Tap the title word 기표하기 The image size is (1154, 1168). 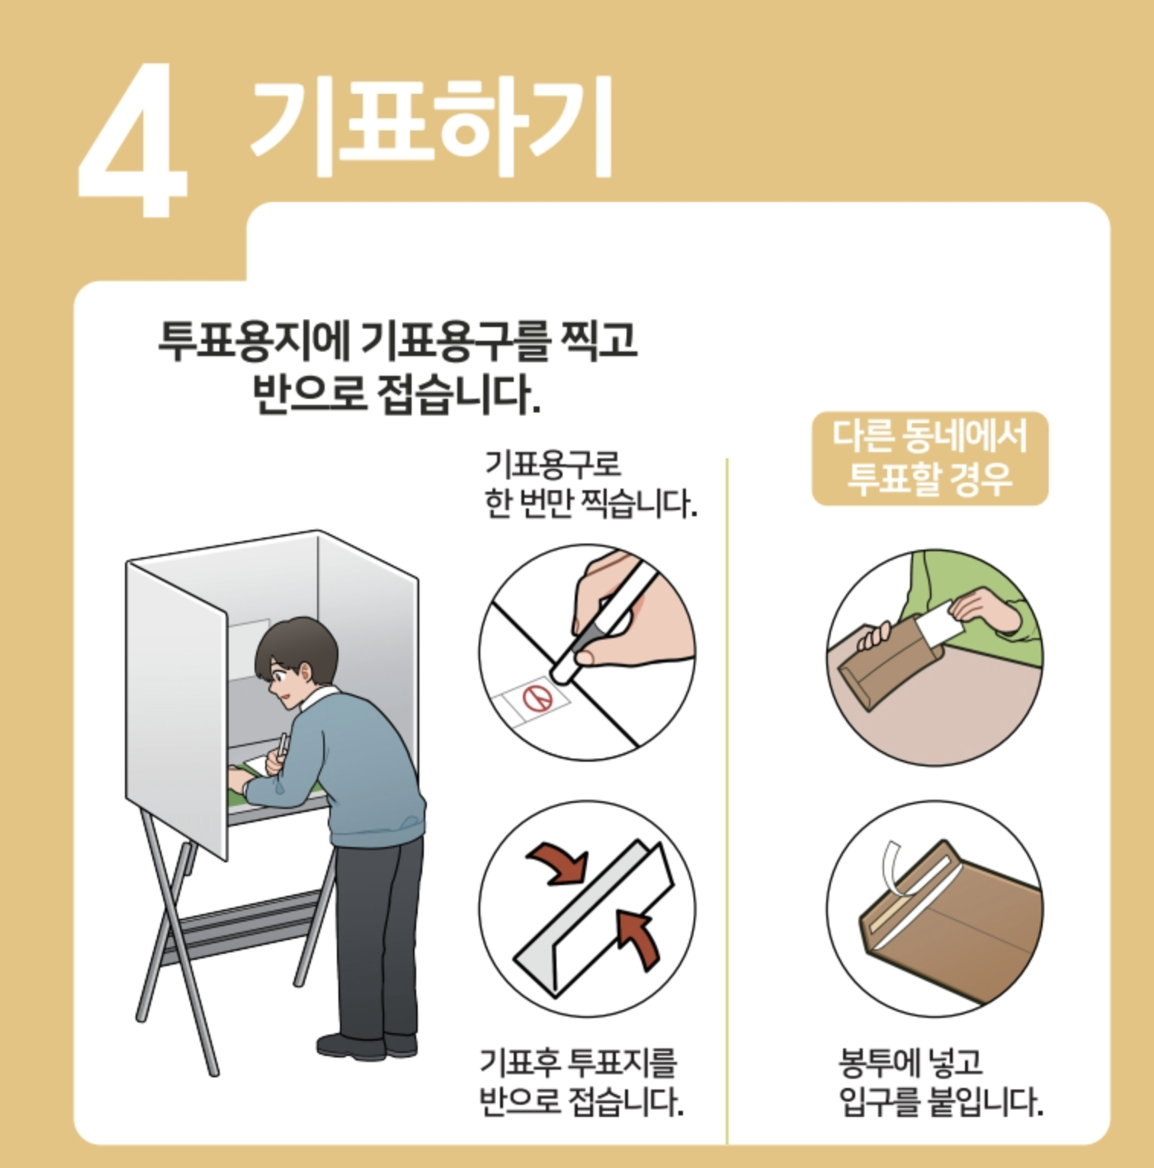[x=431, y=126]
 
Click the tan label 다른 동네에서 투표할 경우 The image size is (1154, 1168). [x=930, y=458]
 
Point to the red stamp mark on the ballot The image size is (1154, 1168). [x=539, y=697]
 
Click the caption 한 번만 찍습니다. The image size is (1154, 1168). [x=591, y=504]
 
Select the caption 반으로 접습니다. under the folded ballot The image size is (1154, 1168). [x=581, y=1101]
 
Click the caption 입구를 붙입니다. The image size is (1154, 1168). [x=941, y=1101]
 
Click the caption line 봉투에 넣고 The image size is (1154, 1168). [x=911, y=1061]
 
